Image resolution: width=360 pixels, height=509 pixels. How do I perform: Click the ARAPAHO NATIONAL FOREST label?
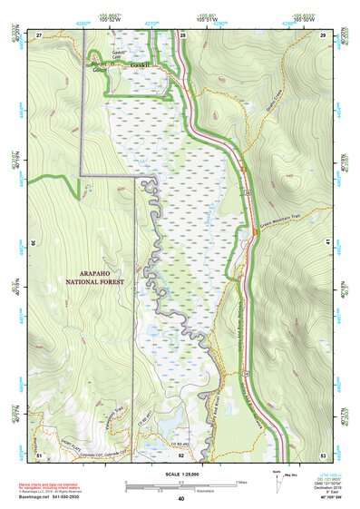94,277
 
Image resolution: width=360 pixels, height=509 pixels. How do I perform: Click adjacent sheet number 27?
39,34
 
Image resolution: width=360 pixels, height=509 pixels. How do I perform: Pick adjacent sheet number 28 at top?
182,34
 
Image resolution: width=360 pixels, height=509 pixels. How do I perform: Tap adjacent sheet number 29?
323,34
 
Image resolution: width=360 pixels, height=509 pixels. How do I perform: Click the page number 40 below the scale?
181,498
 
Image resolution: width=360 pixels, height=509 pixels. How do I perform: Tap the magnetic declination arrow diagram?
277,481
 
